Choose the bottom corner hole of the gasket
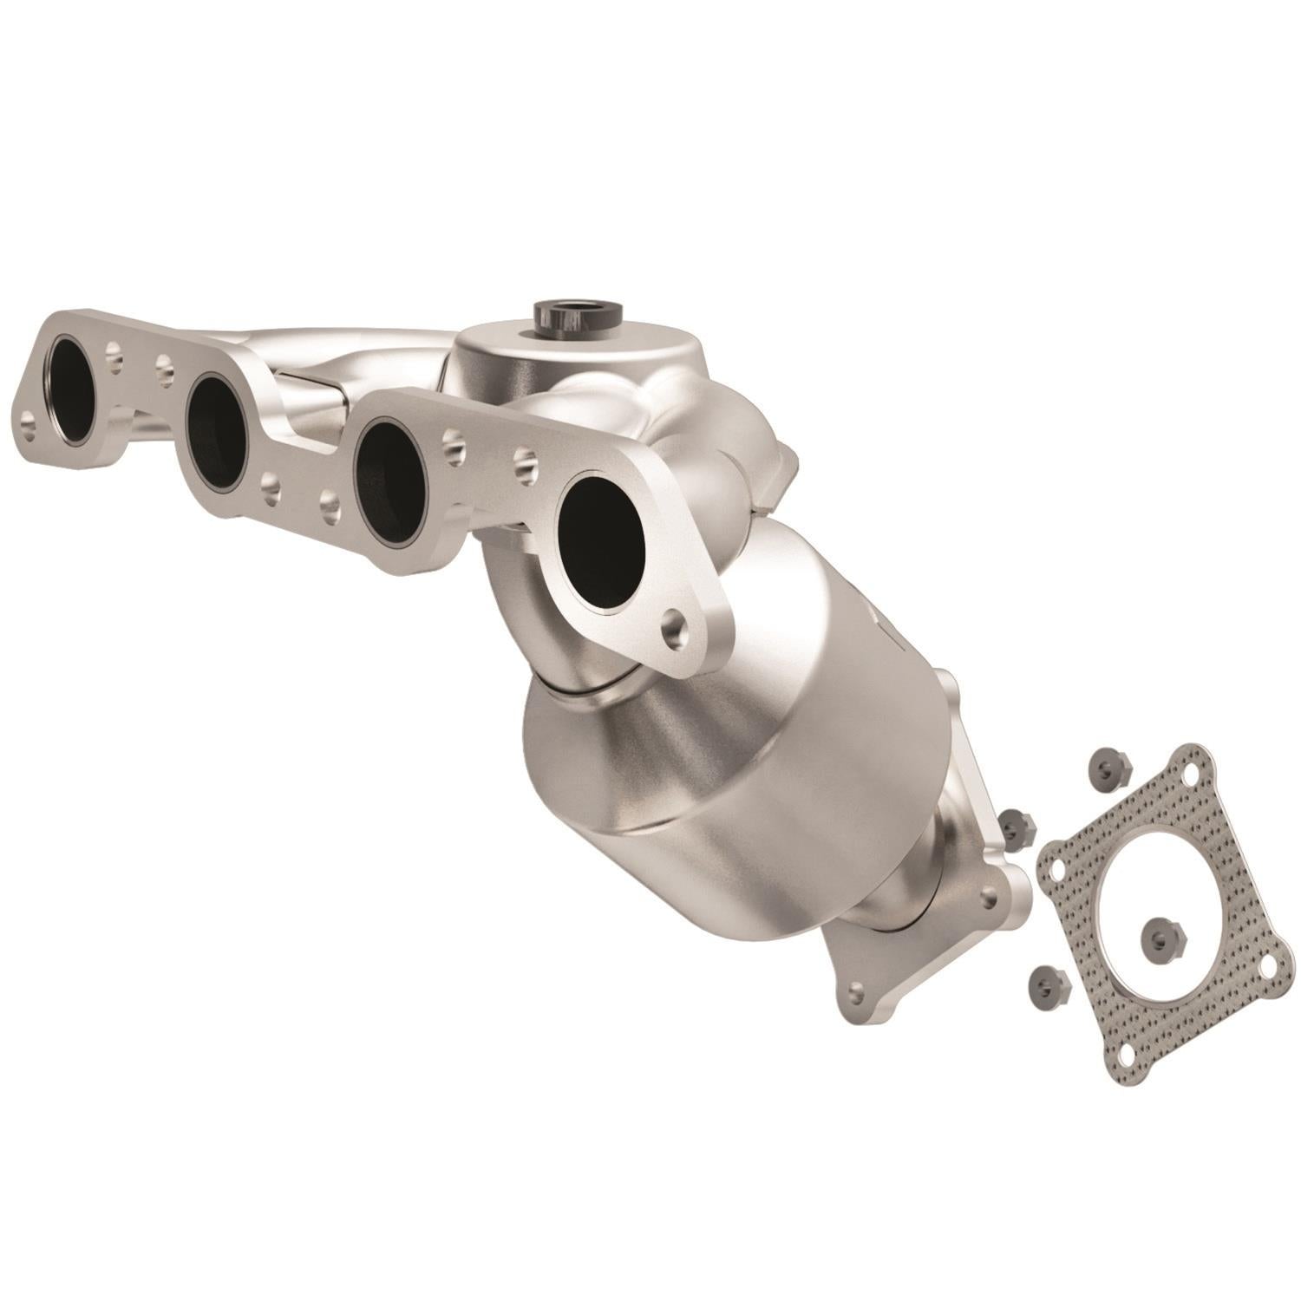(1129, 1056)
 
